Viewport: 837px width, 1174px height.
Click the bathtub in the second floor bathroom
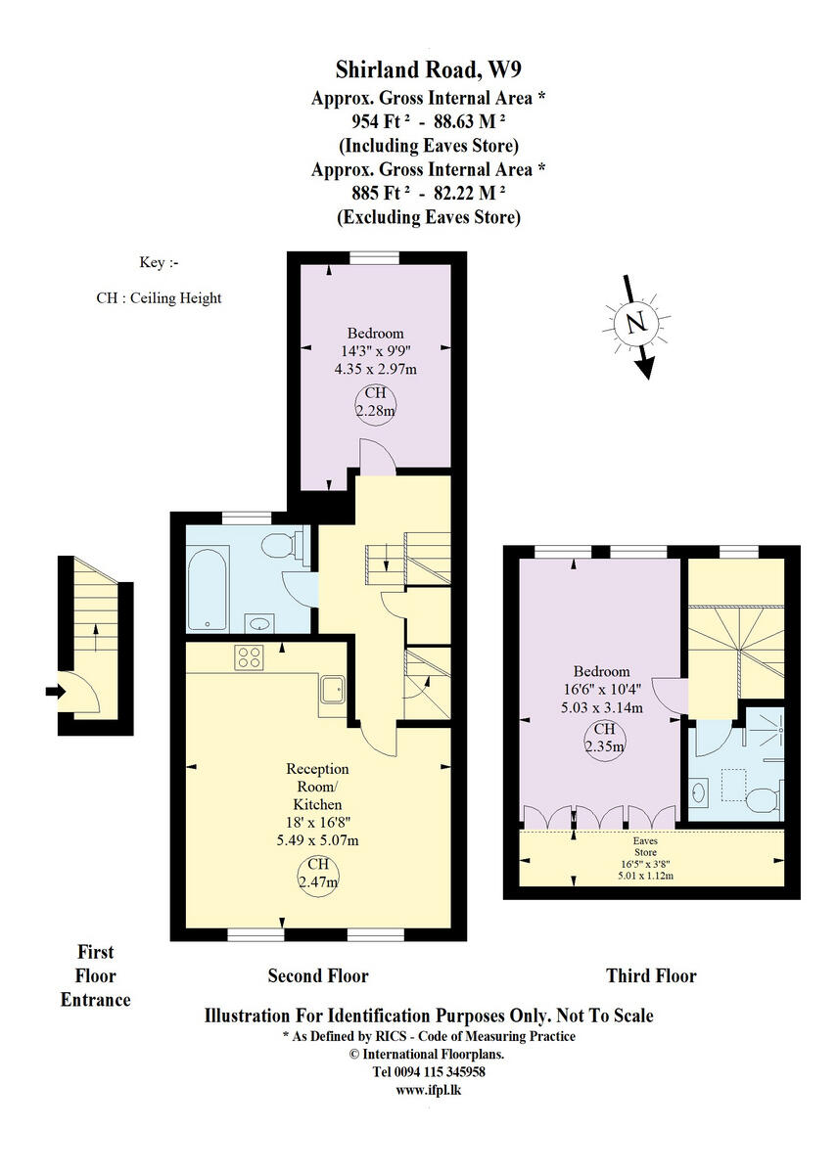tap(208, 587)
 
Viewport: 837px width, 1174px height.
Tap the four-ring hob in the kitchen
tap(249, 658)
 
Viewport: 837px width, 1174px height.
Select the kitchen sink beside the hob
tap(333, 689)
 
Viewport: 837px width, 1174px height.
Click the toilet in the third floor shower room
tap(762, 802)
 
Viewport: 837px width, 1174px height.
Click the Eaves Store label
tap(644, 846)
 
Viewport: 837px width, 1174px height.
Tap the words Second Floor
tap(318, 975)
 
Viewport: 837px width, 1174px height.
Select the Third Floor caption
tap(651, 975)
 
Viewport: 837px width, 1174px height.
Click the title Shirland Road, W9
tap(428, 69)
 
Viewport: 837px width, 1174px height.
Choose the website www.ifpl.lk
tap(428, 1089)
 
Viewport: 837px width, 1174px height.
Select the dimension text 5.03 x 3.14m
tap(601, 707)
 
